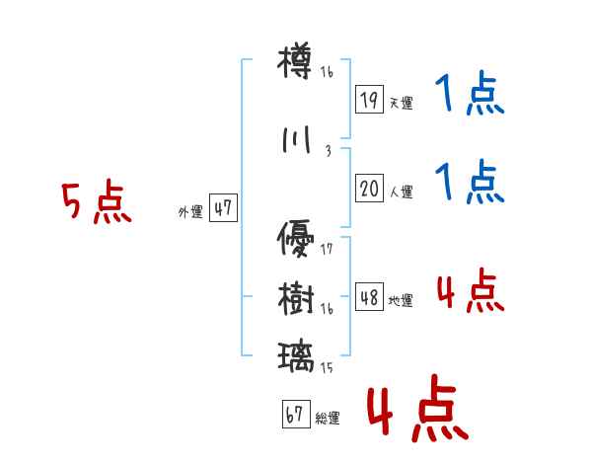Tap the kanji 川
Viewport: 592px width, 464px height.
coord(296,140)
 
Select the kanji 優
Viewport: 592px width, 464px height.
coord(296,238)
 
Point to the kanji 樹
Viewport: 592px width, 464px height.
coord(296,297)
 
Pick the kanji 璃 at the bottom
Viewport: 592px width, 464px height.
coord(296,353)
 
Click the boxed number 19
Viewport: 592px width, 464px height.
coord(369,100)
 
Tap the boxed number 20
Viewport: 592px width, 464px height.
coord(369,189)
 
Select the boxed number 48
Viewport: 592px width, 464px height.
coord(369,297)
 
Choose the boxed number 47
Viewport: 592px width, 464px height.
coord(223,208)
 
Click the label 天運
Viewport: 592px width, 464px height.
coord(401,104)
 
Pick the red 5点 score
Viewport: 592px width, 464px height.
coord(96,203)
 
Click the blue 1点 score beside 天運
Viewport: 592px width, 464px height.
coord(469,95)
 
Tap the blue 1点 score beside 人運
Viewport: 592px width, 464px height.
coord(469,183)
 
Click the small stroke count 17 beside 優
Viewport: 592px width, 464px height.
coord(327,249)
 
